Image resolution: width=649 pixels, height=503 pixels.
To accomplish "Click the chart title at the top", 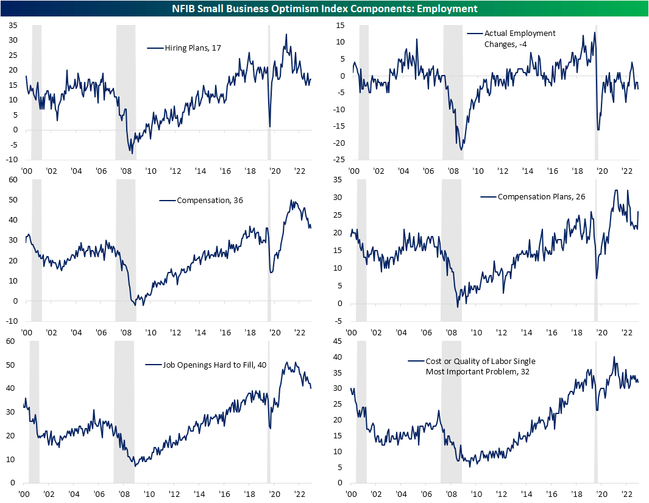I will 324,8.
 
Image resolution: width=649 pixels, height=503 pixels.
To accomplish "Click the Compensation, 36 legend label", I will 202,200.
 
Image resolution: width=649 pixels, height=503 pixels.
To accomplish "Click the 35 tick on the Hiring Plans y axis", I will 13,25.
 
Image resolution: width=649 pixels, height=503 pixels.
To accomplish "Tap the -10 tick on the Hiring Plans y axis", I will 12,160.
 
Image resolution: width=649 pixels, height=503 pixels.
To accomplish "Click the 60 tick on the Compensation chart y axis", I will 13,180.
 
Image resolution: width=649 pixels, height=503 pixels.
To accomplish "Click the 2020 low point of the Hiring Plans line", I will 270,126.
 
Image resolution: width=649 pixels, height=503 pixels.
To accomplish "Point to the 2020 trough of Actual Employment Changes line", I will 598,129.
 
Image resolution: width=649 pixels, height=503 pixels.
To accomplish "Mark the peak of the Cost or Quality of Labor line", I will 614,357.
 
